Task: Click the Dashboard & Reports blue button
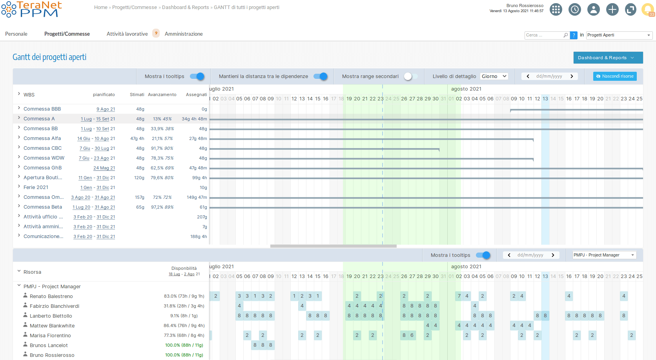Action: pos(608,58)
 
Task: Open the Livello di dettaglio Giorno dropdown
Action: pos(494,76)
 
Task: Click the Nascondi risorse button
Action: pos(615,76)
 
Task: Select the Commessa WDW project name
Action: pos(44,158)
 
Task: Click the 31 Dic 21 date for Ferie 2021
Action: pos(106,188)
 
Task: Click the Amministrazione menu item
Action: pos(184,34)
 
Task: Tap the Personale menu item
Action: pos(16,34)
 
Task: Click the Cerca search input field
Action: pos(544,35)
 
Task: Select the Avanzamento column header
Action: pos(162,95)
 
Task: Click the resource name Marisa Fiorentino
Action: pos(50,336)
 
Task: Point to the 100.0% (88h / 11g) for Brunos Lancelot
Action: pos(184,345)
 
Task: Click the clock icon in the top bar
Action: pos(575,9)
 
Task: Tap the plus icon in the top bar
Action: pos(612,9)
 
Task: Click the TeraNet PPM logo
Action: pos(31,9)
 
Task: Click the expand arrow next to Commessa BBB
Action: pos(19,108)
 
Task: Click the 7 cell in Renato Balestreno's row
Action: pos(459,296)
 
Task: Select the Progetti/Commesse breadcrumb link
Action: pos(134,7)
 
